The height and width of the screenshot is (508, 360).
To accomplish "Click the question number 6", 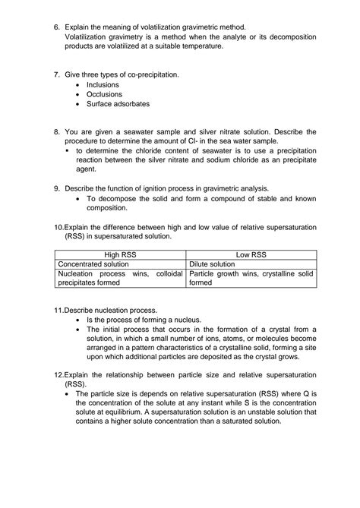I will [56, 27].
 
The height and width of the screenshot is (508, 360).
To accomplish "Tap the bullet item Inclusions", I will [103, 85].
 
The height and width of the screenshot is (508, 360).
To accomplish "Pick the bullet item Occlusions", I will [104, 94].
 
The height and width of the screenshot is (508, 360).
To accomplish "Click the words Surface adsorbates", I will [118, 104].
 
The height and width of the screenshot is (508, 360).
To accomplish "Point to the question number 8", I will [56, 132].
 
